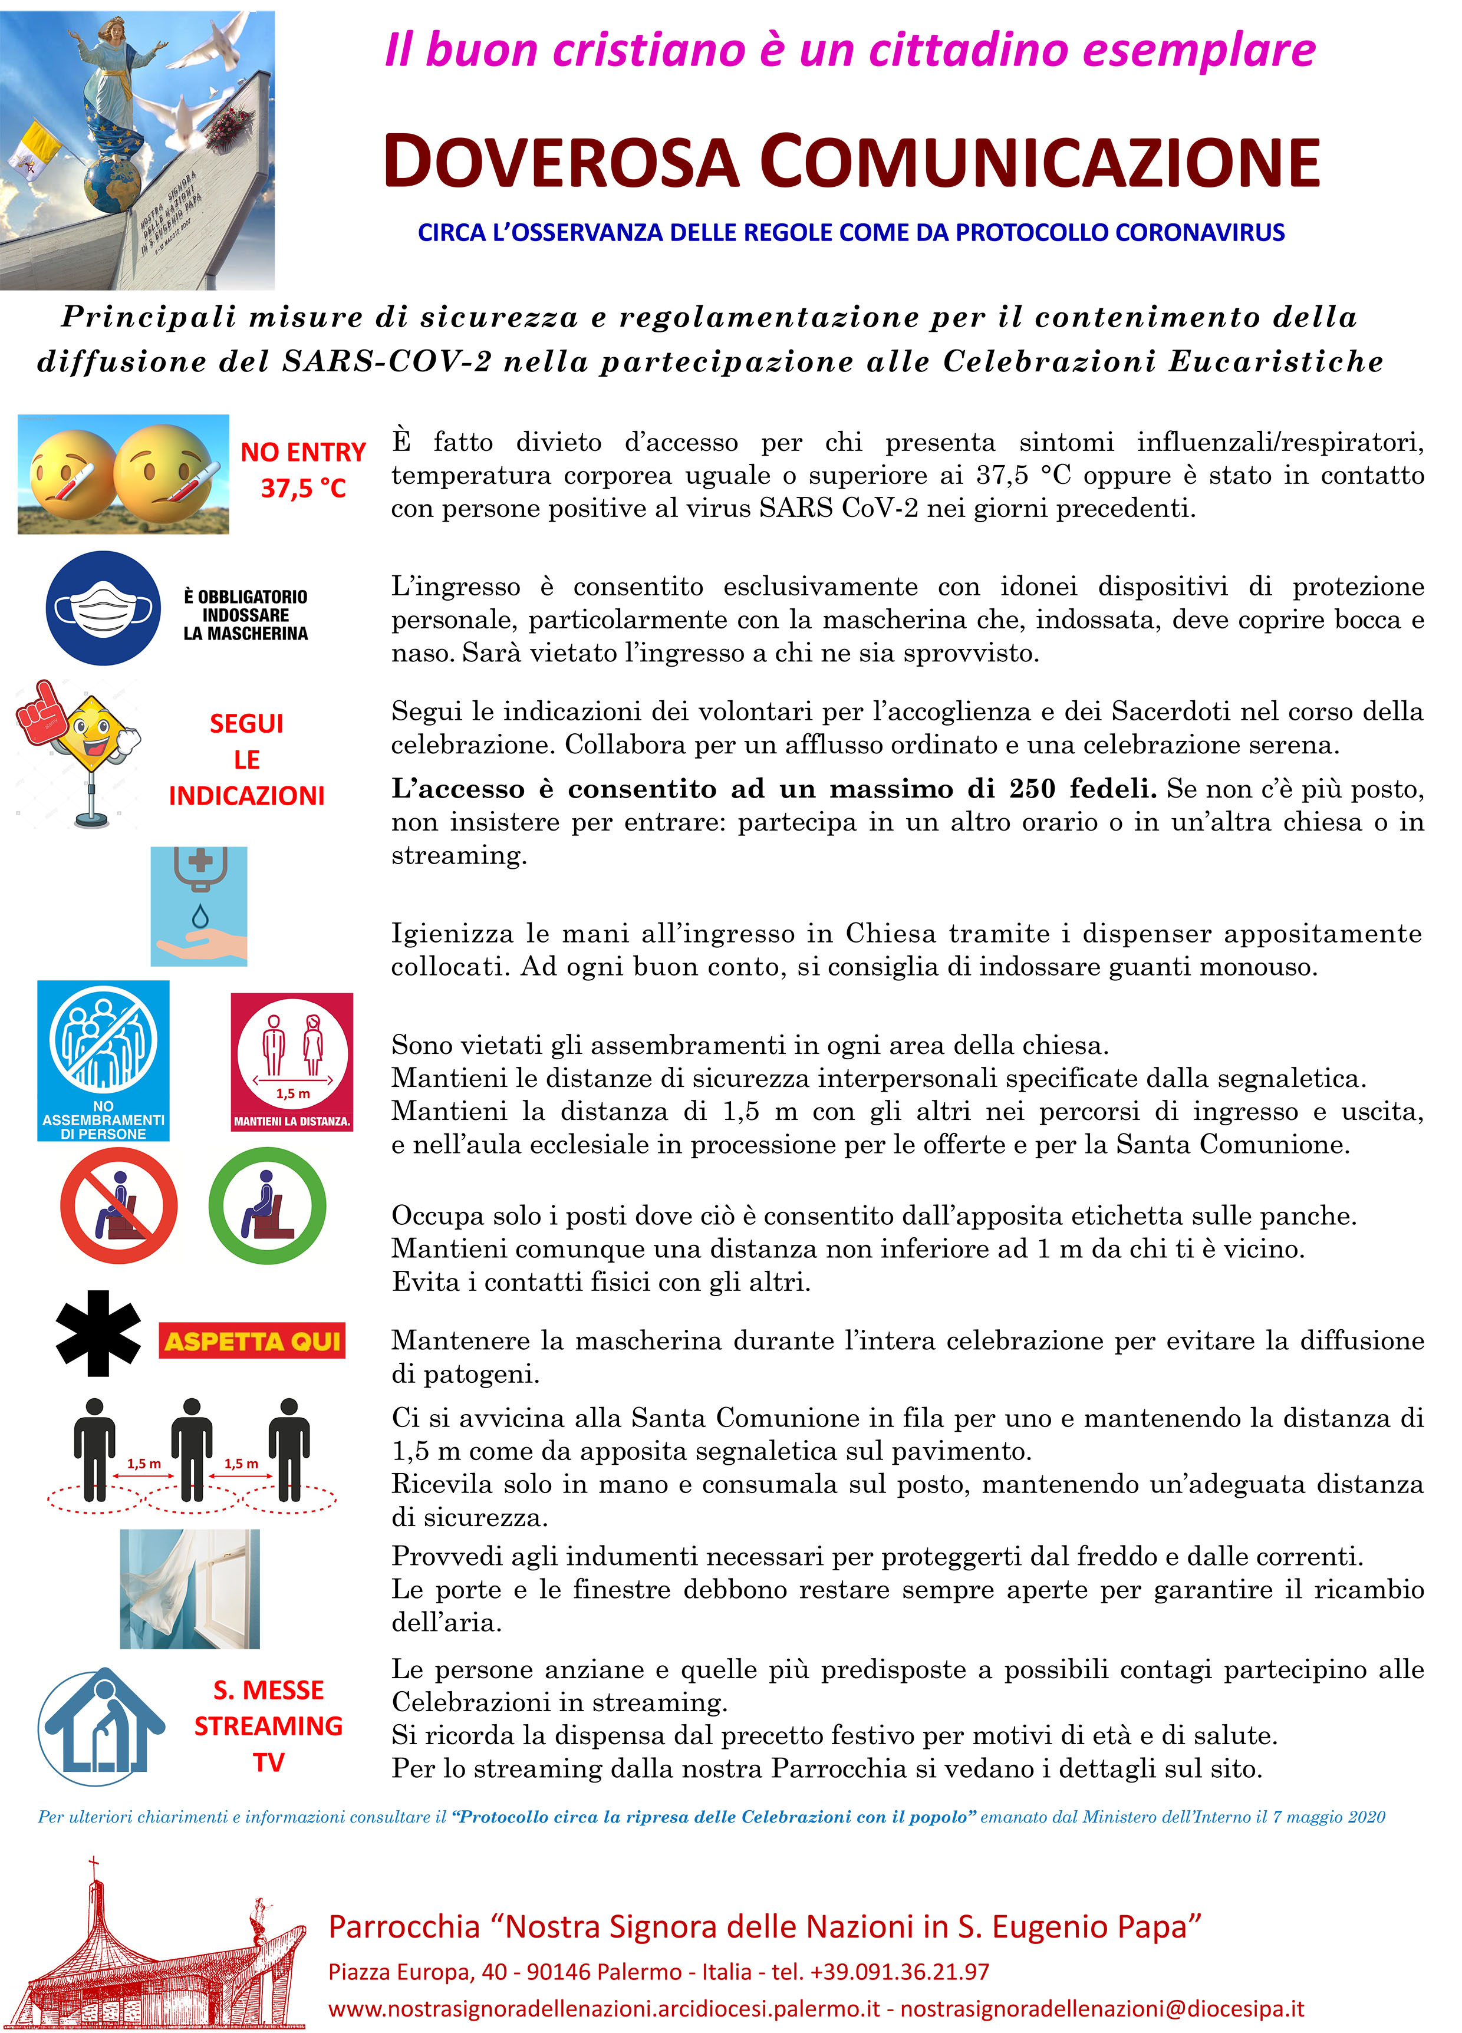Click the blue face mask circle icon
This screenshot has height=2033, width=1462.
click(103, 608)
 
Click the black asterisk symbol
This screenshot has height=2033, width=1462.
click(98, 1333)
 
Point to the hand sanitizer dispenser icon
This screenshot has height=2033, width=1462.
click(199, 905)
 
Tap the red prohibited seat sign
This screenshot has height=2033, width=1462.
click(118, 1205)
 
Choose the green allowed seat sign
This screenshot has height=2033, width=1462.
click(267, 1205)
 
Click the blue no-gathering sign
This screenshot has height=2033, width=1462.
click(103, 1059)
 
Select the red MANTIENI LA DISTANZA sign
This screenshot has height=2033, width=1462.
click(291, 1062)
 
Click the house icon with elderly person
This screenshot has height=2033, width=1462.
click(101, 1725)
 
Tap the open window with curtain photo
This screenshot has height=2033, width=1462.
click(190, 1589)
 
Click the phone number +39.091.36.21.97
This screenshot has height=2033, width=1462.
click(899, 1972)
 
